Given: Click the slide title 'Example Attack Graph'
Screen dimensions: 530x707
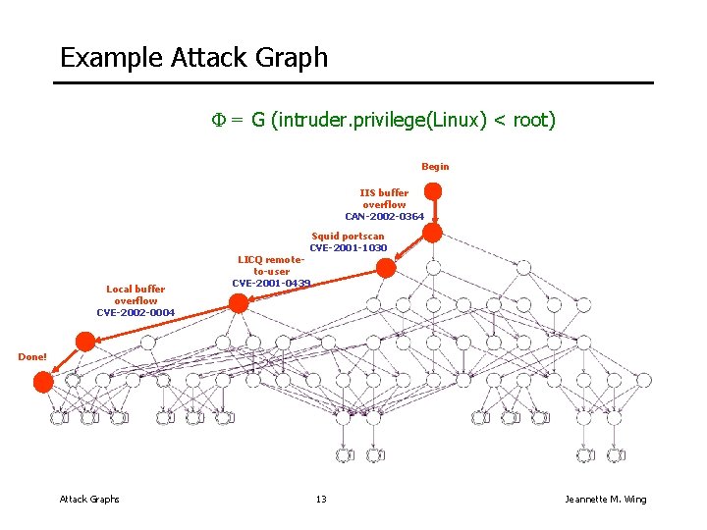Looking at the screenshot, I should pyautogui.click(x=193, y=58).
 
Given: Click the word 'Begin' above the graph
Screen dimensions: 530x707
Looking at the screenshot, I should pyautogui.click(x=435, y=167).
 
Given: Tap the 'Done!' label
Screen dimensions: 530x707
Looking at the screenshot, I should pyautogui.click(x=32, y=356).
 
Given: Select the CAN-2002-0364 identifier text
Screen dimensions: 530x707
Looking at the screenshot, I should pyautogui.click(x=384, y=216).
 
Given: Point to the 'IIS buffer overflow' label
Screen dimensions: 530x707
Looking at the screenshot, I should pyautogui.click(x=384, y=198).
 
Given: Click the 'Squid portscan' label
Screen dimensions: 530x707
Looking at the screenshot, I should pyautogui.click(x=348, y=237).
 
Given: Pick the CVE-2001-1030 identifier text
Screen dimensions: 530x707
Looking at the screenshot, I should pyautogui.click(x=348, y=248).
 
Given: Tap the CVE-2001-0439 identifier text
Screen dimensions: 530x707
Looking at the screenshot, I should pyautogui.click(x=271, y=283).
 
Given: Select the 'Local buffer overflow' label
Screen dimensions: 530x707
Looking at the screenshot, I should pyautogui.click(x=136, y=294).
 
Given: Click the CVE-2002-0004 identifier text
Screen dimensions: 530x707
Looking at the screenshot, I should pyautogui.click(x=136, y=313).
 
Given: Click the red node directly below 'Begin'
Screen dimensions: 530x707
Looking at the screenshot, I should pyautogui.click(x=432, y=233).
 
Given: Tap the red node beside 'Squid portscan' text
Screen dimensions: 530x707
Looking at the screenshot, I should pyautogui.click(x=386, y=267).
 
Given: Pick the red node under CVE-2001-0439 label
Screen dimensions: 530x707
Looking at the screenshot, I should pyautogui.click(x=239, y=303).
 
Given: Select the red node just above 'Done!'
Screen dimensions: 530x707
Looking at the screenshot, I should pyautogui.click(x=85, y=342).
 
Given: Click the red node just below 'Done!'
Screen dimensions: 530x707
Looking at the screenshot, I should pyautogui.click(x=43, y=383).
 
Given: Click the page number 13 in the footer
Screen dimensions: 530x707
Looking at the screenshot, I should pyautogui.click(x=320, y=500).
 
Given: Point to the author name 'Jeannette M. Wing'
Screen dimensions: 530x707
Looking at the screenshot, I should pyautogui.click(x=606, y=500).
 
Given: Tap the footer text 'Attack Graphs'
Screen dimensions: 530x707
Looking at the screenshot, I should pyautogui.click(x=89, y=500).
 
